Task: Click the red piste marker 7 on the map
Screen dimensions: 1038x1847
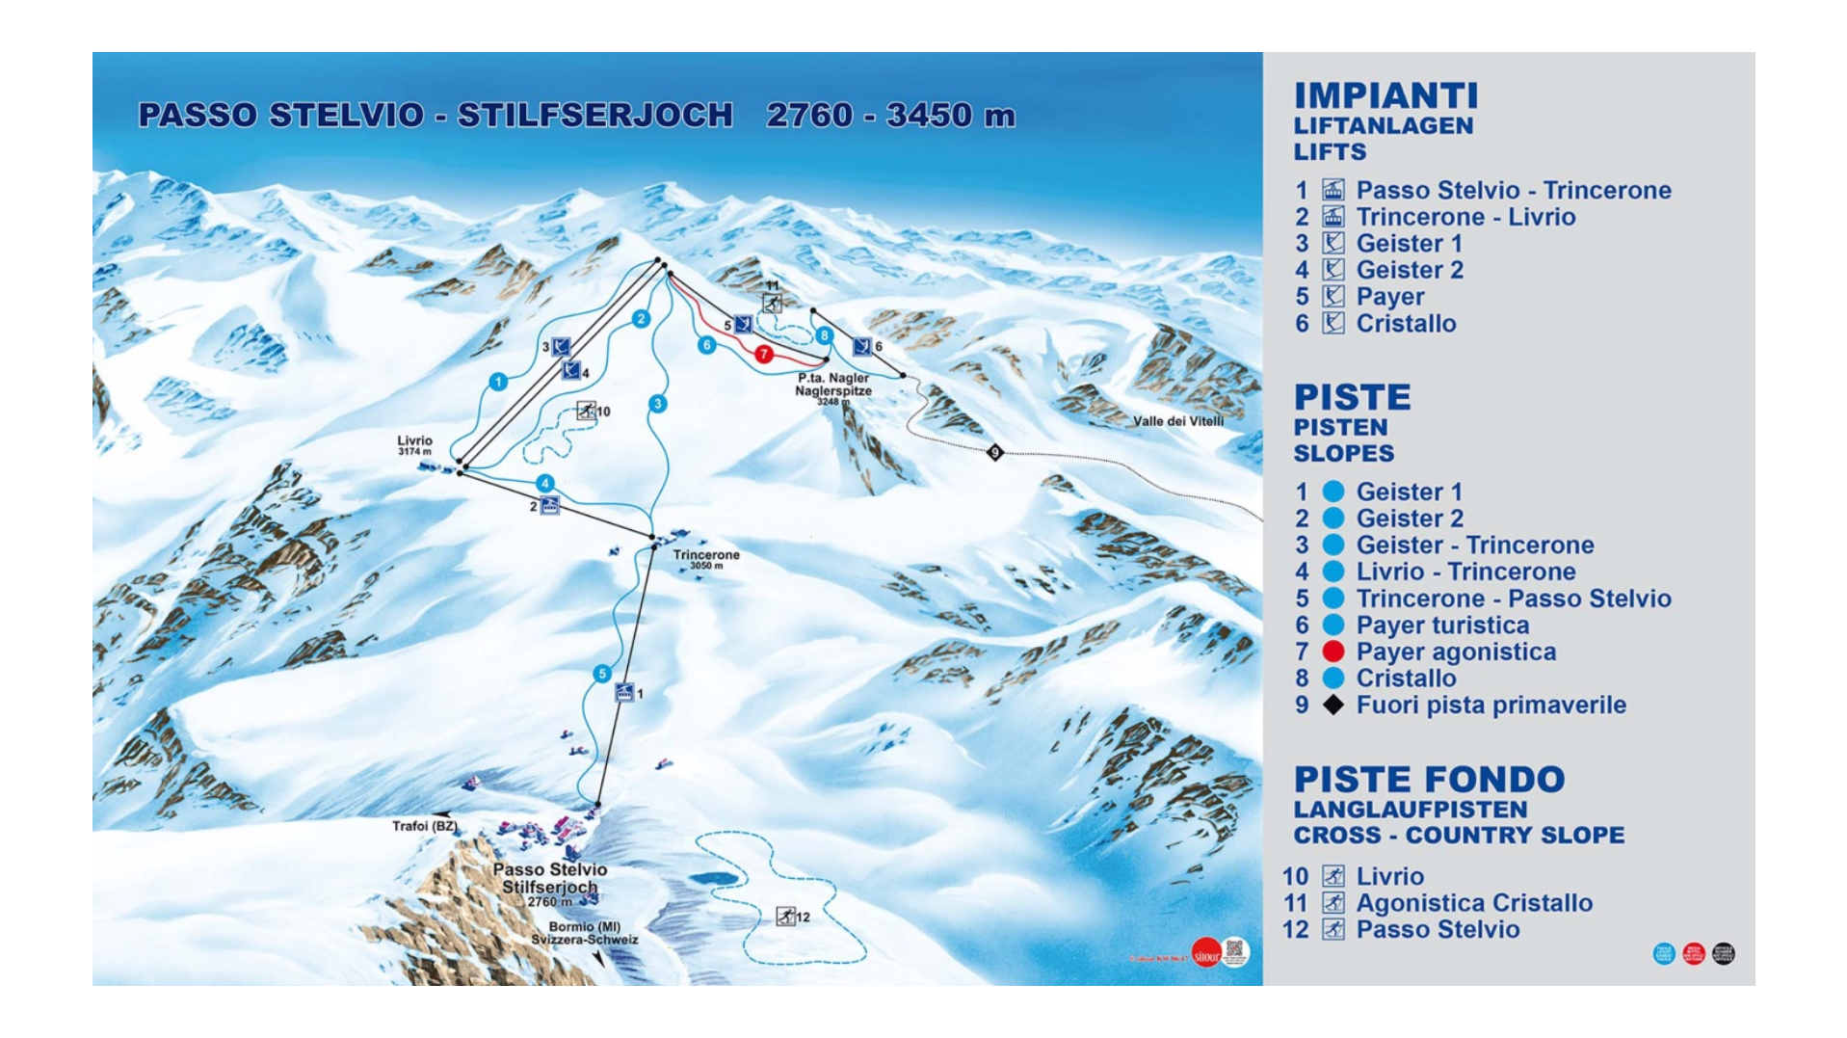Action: (x=763, y=355)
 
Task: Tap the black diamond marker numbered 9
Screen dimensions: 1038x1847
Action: (x=995, y=452)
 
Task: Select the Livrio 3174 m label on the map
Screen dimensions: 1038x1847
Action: (x=414, y=444)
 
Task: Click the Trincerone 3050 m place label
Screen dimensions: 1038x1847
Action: (x=705, y=558)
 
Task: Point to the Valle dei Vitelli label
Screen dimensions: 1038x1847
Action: (x=1177, y=421)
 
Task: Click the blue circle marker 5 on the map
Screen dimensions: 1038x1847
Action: (x=602, y=674)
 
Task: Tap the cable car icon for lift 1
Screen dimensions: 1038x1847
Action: (x=624, y=692)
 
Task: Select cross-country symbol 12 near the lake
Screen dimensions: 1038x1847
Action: (x=786, y=917)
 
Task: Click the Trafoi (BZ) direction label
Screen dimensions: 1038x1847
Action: (x=424, y=826)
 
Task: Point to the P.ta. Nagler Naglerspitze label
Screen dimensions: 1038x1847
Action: (x=832, y=385)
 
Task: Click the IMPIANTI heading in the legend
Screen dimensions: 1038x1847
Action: (x=1385, y=96)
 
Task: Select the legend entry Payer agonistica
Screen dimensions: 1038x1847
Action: (x=1455, y=652)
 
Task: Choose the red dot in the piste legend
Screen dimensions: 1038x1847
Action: (x=1332, y=652)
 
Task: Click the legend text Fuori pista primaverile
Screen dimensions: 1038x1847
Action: (x=1490, y=705)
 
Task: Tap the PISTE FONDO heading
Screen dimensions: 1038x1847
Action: (x=1428, y=780)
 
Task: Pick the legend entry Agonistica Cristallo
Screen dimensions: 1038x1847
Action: (x=1473, y=903)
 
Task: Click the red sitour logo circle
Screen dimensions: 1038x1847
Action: (x=1205, y=954)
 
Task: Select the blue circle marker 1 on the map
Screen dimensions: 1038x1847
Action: (x=498, y=383)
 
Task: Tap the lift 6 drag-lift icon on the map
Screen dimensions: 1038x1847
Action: (x=861, y=346)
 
